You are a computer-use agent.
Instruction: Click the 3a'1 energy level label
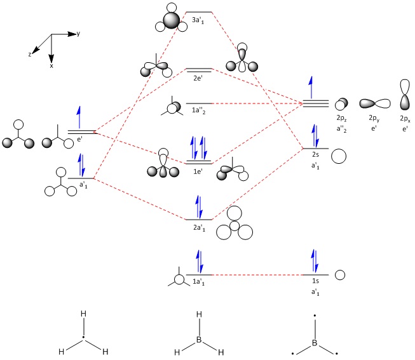point(200,20)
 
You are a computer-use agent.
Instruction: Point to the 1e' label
point(198,171)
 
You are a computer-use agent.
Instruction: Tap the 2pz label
point(341,119)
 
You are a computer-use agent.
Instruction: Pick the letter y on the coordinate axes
point(78,32)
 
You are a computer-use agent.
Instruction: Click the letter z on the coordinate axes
point(30,55)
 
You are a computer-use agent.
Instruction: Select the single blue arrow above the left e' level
point(79,117)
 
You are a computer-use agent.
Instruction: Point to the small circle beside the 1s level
point(340,275)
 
